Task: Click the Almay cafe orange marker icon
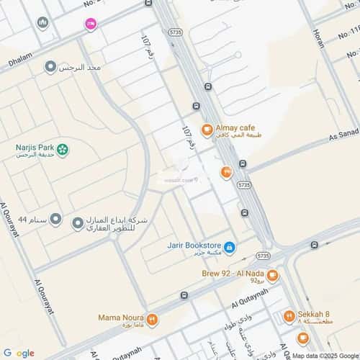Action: pos(207,130)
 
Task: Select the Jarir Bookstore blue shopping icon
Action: pos(229,248)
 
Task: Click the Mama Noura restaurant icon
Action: pos(153,318)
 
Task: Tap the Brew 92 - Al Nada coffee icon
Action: pos(273,275)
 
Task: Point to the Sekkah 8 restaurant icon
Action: pos(288,315)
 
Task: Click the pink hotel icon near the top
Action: pos(91,24)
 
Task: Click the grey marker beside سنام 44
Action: pos(55,219)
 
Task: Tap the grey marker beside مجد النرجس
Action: pos(50,67)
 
